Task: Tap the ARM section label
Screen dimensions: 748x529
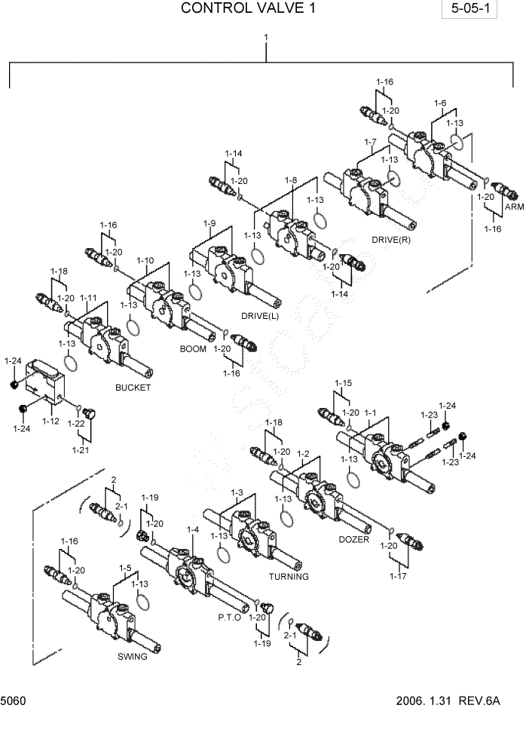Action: pos(514,207)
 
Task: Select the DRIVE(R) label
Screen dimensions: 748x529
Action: pos(390,240)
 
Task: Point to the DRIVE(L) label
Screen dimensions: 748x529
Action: pos(261,315)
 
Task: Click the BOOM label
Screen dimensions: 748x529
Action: pos(193,349)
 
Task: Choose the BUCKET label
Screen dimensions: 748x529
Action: pos(133,388)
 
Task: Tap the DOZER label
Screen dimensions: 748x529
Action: pos(353,539)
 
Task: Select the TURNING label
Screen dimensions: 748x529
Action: pos(289,577)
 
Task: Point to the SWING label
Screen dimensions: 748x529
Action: pos(132,656)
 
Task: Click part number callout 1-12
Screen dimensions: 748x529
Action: pos(50,421)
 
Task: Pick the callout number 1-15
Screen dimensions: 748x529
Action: pos(342,383)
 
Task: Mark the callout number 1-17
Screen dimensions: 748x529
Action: pos(399,576)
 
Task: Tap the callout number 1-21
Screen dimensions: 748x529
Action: pos(81,450)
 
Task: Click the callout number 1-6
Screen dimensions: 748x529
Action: pos(439,103)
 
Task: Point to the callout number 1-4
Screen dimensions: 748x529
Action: pos(192,530)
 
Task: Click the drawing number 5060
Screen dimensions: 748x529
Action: pos(14,701)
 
